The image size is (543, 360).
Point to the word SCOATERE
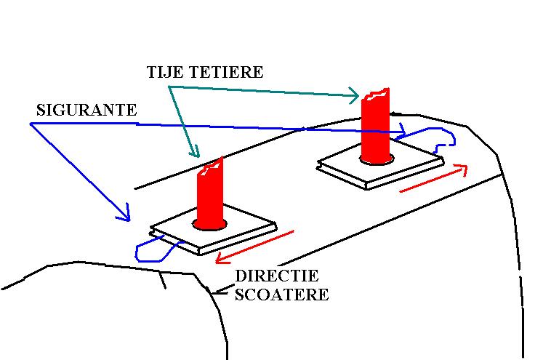coord(281,295)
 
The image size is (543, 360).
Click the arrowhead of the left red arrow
coord(219,258)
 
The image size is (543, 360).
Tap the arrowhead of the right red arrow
coord(462,168)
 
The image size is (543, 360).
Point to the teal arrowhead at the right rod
coord(355,95)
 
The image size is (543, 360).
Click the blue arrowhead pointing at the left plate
coord(126,216)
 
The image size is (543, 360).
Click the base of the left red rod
coord(209,223)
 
